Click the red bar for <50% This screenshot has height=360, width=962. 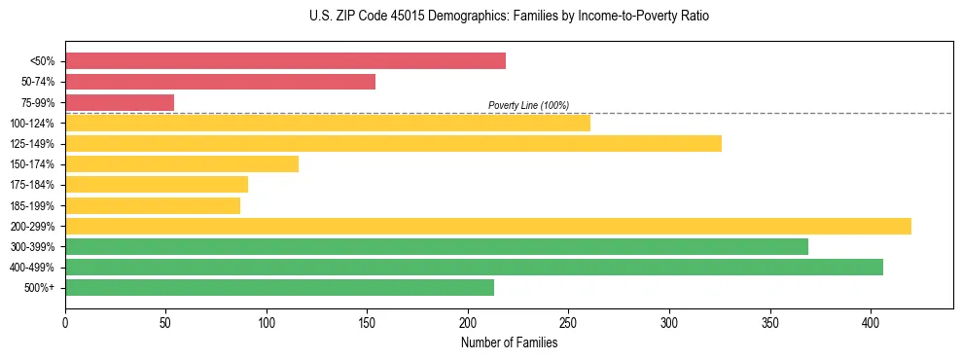click(285, 61)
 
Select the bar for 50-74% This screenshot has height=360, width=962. click(220, 82)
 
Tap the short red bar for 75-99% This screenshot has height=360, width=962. click(120, 102)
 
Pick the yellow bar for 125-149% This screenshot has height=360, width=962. click(393, 144)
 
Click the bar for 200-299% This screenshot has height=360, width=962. click(487, 226)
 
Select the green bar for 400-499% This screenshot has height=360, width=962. click(474, 267)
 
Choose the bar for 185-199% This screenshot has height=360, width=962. click(153, 205)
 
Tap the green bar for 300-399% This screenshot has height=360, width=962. click(436, 246)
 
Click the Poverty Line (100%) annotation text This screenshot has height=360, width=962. click(528, 105)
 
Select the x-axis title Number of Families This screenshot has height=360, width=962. click(509, 342)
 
